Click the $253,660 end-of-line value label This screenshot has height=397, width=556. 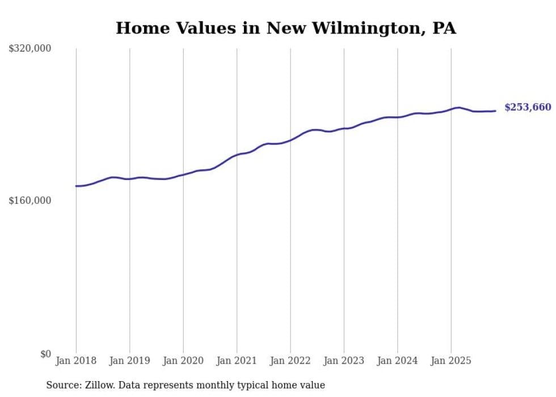click(527, 107)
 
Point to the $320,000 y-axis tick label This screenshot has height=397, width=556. click(30, 49)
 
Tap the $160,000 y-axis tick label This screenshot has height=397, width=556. click(30, 200)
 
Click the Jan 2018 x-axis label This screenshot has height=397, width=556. click(76, 361)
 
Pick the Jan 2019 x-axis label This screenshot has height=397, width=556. click(129, 361)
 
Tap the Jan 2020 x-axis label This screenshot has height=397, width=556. click(183, 361)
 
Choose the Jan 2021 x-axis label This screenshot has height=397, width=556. click(237, 361)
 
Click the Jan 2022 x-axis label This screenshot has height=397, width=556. click(290, 361)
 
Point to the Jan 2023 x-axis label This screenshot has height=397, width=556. click(344, 361)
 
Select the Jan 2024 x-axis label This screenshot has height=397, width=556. click(398, 361)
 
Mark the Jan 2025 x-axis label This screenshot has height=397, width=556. click(451, 361)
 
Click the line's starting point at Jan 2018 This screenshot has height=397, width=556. click(76, 186)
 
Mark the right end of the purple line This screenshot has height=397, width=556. click(495, 111)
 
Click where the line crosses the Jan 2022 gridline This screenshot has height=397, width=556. click(290, 140)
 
